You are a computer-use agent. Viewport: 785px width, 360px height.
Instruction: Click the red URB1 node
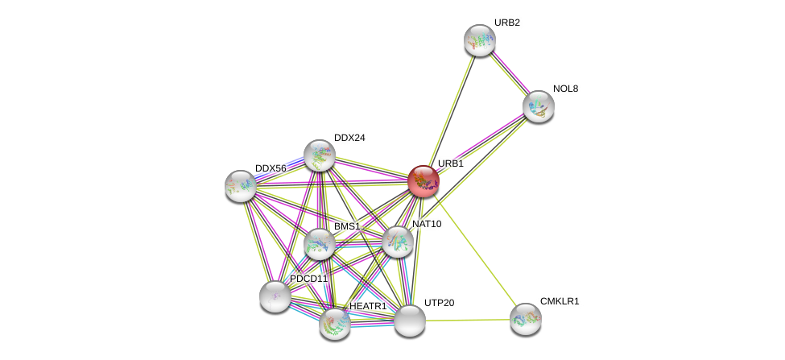(423, 181)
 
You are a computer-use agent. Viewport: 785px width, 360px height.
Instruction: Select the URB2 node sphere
(479, 40)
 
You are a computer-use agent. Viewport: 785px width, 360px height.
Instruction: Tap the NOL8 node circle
(538, 106)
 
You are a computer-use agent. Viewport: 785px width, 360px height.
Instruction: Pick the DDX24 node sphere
(319, 155)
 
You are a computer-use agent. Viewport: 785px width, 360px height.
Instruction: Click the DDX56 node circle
(240, 186)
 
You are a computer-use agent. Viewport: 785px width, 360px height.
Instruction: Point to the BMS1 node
(319, 244)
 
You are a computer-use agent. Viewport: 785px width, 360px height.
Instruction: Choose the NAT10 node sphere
(397, 242)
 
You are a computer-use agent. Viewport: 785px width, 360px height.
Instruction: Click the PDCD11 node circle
(275, 296)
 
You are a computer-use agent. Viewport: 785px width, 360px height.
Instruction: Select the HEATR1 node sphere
(334, 324)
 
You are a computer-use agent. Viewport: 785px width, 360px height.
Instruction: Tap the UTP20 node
(409, 321)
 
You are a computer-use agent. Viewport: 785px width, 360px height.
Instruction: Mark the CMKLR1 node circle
(525, 319)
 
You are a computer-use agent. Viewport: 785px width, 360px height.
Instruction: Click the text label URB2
(506, 23)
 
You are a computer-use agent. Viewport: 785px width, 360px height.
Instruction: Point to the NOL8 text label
(565, 89)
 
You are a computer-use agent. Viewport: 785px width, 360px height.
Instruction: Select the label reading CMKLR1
(559, 301)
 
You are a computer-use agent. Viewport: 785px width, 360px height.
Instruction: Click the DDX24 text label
(349, 138)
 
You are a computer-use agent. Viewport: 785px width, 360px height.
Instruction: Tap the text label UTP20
(439, 303)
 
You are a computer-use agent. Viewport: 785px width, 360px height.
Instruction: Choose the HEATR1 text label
(368, 306)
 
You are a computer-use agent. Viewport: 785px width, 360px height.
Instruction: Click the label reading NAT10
(427, 224)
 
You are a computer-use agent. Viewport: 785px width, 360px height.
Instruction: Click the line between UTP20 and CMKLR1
(467, 320)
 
